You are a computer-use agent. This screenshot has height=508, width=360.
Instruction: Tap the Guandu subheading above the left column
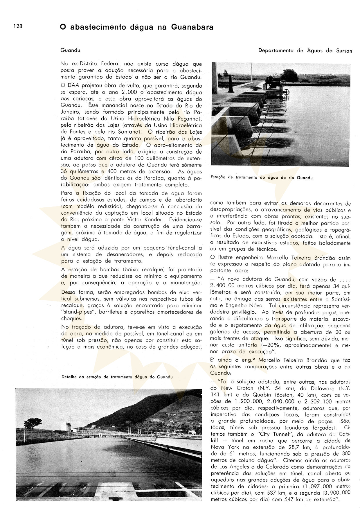70,50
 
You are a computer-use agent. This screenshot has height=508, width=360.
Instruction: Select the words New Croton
233,388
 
